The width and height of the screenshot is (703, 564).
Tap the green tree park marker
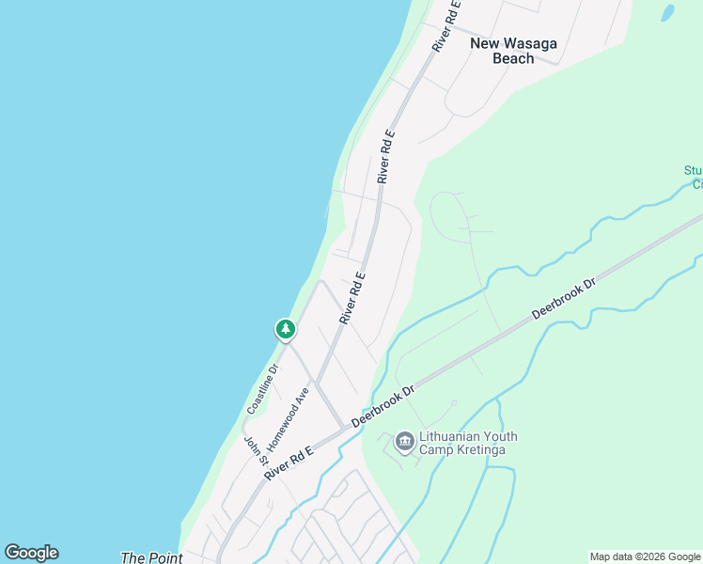(x=285, y=329)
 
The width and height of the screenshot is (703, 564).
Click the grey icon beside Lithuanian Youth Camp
(x=405, y=441)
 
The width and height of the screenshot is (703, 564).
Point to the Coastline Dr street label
(x=263, y=389)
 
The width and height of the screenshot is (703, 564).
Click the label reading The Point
(x=145, y=557)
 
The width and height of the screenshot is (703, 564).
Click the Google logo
(x=31, y=553)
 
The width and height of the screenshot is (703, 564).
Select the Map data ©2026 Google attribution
(x=645, y=556)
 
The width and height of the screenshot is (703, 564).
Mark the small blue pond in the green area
(x=667, y=13)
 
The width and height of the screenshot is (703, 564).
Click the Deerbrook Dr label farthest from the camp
(x=564, y=297)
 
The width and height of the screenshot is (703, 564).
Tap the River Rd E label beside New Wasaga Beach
(x=447, y=25)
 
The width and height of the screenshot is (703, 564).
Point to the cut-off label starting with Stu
(x=694, y=177)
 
